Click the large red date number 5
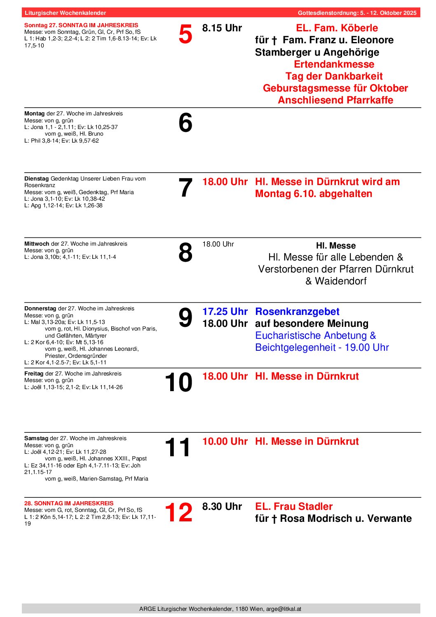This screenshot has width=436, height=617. [185, 34]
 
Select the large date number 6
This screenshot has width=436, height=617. [185, 123]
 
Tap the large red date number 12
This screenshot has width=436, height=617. [178, 512]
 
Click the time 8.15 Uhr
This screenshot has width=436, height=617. [222, 28]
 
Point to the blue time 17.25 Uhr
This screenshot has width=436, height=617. [225, 312]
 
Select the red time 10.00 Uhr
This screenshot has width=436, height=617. [225, 441]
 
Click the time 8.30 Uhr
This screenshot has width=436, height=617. [222, 507]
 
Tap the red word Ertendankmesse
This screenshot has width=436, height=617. [334, 64]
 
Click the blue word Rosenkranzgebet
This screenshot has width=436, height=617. [297, 312]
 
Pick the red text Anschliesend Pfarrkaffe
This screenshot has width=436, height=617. [335, 100]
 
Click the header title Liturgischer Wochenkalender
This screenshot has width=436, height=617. [65, 13]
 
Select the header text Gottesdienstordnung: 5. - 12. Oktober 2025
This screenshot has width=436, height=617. [357, 13]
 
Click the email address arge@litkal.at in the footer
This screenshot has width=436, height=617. [284, 609]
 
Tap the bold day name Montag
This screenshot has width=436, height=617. [34, 113]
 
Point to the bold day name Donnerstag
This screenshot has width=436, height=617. [40, 308]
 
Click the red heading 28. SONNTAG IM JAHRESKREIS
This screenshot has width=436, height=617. [69, 503]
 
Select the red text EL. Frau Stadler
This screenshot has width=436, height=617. [293, 507]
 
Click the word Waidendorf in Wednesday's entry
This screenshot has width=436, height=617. [341, 281]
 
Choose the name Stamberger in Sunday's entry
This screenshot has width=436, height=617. [281, 52]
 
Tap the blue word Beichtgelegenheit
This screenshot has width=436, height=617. [291, 347]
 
